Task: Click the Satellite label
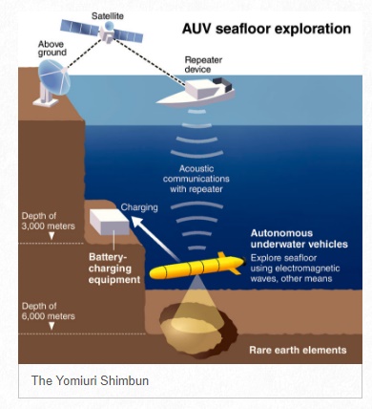tap(108, 16)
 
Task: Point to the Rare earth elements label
tap(296, 350)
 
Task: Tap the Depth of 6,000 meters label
tap(45, 311)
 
